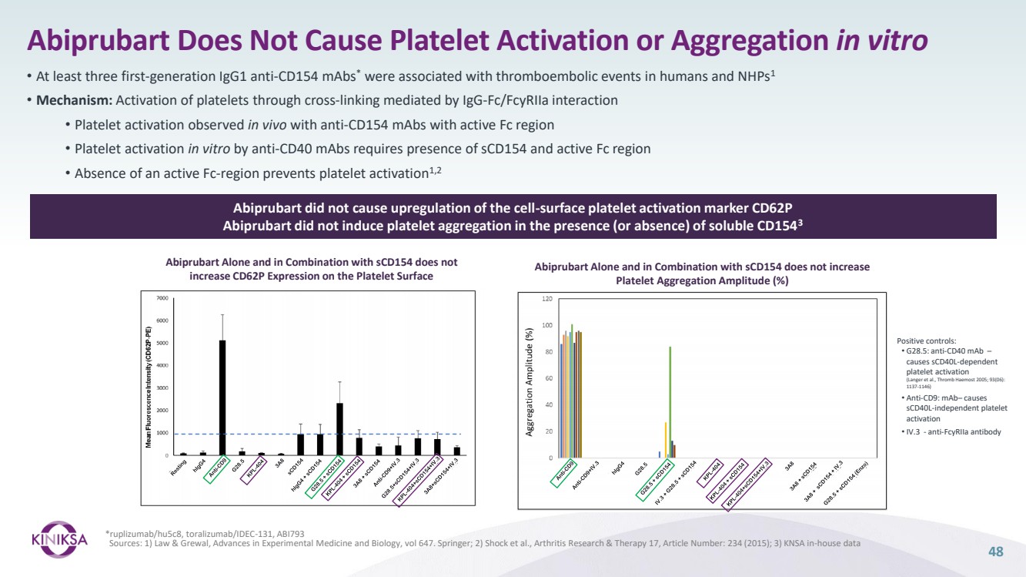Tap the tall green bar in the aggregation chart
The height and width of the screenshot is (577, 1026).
click(670, 401)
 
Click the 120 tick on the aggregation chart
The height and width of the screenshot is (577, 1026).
click(548, 298)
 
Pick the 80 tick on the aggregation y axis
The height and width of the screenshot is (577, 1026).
click(549, 352)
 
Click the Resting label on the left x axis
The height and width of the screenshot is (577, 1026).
click(179, 468)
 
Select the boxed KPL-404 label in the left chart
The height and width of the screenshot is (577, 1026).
click(252, 469)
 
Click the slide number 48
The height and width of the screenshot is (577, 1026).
click(996, 551)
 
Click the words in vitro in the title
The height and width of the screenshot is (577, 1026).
click(881, 40)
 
